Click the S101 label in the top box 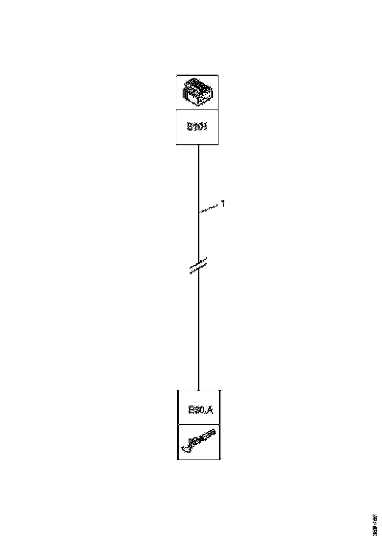[x=197, y=128]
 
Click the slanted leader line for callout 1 [x=209, y=209]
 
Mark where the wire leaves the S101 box [x=198, y=145]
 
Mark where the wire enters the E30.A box [x=198, y=390]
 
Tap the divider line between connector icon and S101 [x=197, y=110]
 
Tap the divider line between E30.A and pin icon [x=198, y=425]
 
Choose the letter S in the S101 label [x=189, y=128]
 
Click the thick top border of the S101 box [x=197, y=75]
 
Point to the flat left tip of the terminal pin [x=184, y=447]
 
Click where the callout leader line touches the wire [x=198, y=212]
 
